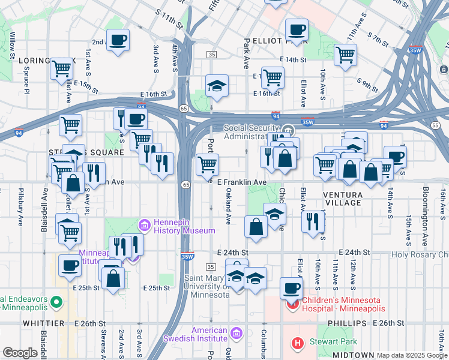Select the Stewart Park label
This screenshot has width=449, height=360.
click(332, 342)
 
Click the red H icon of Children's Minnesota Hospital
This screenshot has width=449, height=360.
click(294, 304)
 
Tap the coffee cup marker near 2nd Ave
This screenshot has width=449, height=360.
click(118, 40)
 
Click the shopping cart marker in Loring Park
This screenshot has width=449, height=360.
click(61, 70)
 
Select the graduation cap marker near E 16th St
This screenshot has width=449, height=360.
click(217, 86)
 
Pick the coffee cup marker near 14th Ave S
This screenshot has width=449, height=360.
click(394, 157)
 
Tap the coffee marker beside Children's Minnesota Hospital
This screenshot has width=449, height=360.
click(292, 287)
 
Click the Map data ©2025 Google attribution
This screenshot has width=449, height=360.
click(412, 355)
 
